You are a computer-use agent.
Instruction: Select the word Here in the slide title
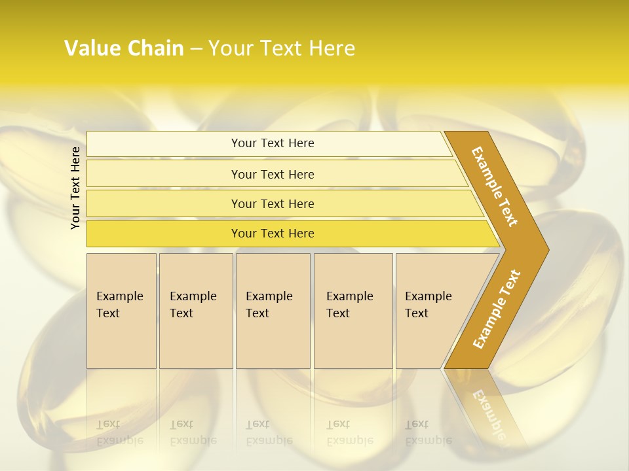[x=332, y=48]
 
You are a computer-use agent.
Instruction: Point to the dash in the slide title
[x=196, y=49]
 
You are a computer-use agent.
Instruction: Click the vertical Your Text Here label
[x=75, y=188]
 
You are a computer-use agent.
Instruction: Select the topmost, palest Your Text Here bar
[x=273, y=143]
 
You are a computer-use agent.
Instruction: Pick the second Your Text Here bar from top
[x=273, y=174]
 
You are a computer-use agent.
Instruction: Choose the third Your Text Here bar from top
[x=273, y=203]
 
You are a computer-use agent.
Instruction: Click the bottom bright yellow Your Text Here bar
[x=273, y=234]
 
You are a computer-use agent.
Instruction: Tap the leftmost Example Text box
[x=121, y=311]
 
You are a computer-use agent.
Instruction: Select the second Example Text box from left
[x=196, y=311]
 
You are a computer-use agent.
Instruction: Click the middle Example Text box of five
[x=273, y=311]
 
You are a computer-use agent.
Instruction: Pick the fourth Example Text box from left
[x=353, y=311]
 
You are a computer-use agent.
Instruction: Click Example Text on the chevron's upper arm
[x=495, y=186]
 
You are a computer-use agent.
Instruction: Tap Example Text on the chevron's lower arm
[x=497, y=309]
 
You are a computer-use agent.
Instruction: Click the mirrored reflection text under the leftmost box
[x=119, y=432]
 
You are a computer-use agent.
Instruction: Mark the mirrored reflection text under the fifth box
[x=428, y=432]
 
